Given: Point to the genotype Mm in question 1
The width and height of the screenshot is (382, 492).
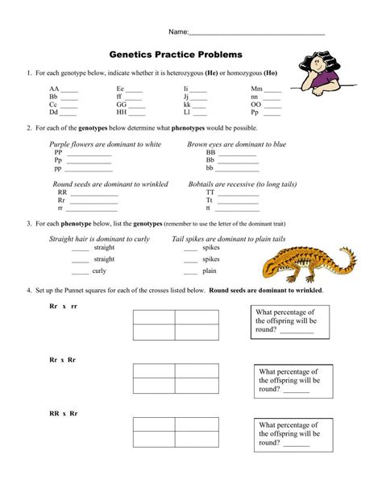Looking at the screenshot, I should tap(256, 89).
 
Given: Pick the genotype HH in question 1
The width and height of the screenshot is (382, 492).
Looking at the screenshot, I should tap(122, 113).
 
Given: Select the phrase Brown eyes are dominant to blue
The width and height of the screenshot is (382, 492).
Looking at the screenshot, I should tap(236, 144).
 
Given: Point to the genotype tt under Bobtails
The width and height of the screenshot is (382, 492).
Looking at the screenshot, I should tap(210, 209).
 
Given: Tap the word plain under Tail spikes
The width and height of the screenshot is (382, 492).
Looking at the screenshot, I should tap(210, 271).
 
